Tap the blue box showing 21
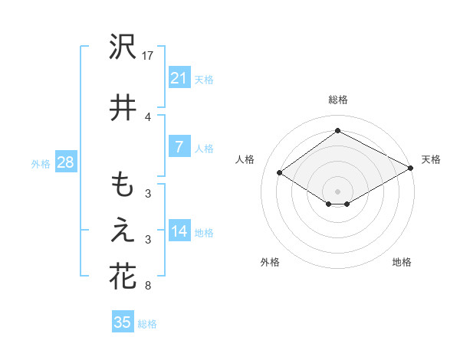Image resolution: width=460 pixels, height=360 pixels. (179, 77)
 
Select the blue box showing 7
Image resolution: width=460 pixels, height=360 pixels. (179, 147)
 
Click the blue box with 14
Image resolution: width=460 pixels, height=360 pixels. (179, 231)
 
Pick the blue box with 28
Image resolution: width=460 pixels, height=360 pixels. (64, 162)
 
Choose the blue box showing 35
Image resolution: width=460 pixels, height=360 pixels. (122, 322)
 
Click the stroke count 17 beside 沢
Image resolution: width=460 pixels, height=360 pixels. (148, 56)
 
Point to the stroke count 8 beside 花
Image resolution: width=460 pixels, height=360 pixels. (148, 286)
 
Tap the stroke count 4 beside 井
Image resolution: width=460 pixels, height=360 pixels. (148, 116)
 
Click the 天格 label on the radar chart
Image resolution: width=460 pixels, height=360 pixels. (431, 159)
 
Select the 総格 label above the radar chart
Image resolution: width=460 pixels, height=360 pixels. (337, 100)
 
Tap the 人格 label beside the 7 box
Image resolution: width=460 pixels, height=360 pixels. (204, 149)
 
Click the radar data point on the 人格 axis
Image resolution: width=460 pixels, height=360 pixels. (280, 173)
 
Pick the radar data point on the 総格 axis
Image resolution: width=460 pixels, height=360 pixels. (337, 131)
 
